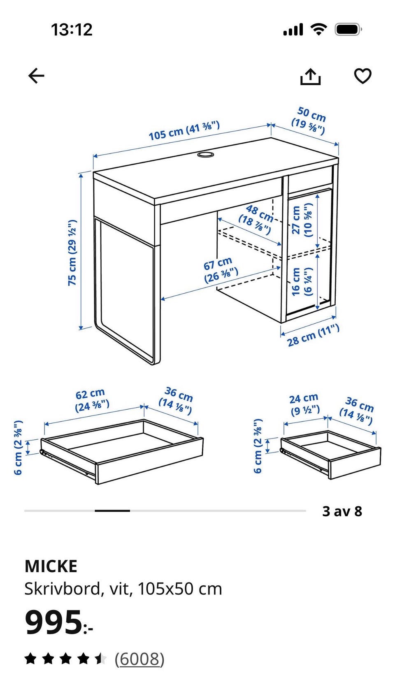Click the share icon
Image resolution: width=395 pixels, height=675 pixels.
310,77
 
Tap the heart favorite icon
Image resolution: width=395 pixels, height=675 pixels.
362,76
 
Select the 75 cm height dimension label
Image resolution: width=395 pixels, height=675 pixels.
72,253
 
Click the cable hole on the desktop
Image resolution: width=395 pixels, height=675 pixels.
206,155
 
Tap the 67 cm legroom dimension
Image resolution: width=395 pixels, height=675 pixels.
221,270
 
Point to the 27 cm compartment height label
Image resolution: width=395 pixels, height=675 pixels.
302,220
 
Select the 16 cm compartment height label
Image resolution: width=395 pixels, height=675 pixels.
302,281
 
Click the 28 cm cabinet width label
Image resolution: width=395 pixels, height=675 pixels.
313,335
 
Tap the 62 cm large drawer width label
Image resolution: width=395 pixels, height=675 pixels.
91,400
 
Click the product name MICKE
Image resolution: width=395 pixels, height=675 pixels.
51,566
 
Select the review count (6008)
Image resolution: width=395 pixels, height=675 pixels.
139,659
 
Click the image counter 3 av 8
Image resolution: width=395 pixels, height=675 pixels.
342,511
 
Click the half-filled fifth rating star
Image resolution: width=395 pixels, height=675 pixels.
101,659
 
